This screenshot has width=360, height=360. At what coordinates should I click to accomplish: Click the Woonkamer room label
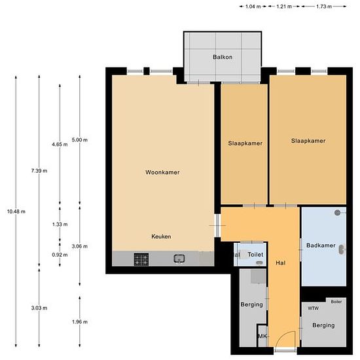[162, 173]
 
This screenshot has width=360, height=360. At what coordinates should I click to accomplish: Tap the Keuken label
[161, 236]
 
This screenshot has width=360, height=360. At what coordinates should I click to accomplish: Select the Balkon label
[223, 58]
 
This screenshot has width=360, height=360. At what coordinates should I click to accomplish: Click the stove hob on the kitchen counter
[142, 259]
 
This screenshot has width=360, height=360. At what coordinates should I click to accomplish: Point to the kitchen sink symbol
[179, 259]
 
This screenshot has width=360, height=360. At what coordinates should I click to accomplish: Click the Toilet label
[255, 255]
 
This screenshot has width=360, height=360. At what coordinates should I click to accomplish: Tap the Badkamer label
[321, 245]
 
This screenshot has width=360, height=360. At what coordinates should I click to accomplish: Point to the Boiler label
[336, 302]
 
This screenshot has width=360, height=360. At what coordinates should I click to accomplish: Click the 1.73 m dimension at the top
[322, 7]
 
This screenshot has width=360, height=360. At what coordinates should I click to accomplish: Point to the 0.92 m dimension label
[60, 254]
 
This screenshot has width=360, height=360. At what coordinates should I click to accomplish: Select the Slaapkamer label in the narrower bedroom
[245, 143]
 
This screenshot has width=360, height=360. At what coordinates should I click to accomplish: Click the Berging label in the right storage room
[323, 325]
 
